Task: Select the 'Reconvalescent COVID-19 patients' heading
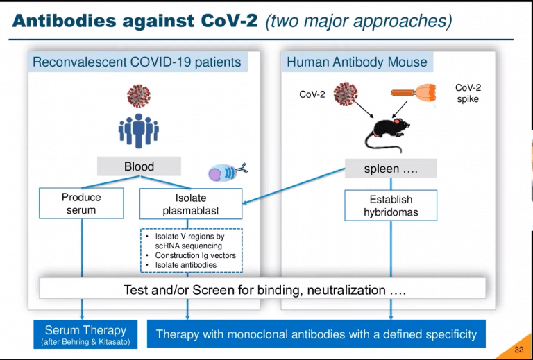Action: (137, 62)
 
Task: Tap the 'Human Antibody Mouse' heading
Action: (357, 62)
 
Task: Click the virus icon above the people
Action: (139, 96)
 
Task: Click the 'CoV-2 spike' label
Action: (468, 94)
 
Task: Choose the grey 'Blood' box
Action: (139, 166)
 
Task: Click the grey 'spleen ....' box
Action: (391, 169)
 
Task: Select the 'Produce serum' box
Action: (81, 203)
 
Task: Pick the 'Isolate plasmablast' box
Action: (191, 204)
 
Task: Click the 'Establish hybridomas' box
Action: (391, 205)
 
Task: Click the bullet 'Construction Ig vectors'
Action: (195, 255)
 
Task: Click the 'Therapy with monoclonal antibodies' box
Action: (316, 334)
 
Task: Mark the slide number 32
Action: (518, 349)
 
